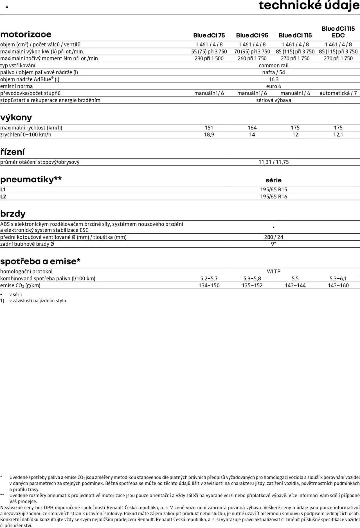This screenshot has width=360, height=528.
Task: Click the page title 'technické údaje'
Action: (309, 6)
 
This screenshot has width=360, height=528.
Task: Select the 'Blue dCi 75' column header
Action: (209, 35)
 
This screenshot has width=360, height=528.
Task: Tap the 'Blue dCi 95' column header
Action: (252, 35)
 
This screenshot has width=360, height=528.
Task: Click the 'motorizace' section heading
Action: (26, 34)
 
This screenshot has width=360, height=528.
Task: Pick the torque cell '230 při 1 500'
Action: (209, 59)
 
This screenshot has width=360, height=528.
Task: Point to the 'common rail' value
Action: (274, 66)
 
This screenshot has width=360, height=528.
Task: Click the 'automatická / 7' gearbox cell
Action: (338, 93)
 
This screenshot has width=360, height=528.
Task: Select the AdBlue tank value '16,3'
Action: (274, 79)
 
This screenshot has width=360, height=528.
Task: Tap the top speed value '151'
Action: (209, 128)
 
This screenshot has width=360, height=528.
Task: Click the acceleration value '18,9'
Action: (209, 135)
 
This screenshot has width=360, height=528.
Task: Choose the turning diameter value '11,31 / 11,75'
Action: (274, 162)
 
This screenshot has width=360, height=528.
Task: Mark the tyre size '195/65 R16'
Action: (274, 197)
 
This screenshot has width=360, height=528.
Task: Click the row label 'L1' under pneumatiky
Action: (3, 190)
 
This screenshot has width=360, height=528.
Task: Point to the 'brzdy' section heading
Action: (13, 214)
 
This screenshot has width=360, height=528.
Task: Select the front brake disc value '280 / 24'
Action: (274, 237)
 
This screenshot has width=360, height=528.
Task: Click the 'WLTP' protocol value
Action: (274, 272)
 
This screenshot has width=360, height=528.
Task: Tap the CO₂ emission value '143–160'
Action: (338, 285)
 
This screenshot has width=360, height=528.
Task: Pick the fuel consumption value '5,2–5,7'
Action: (209, 279)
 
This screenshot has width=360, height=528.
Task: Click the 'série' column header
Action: (274, 180)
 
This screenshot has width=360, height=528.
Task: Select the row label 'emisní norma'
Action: (16, 86)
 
